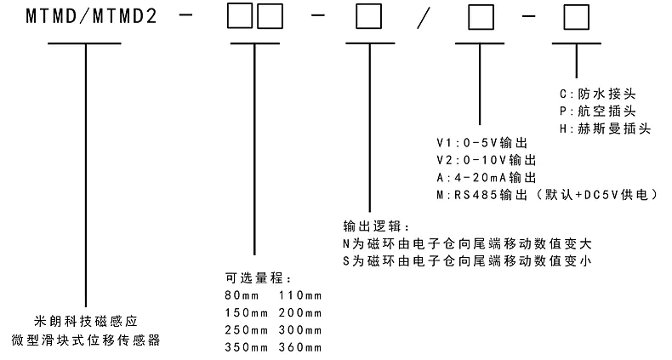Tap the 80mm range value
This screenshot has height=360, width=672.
tap(240, 295)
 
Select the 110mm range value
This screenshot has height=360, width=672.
tap(299, 295)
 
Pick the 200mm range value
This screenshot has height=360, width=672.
tap(299, 312)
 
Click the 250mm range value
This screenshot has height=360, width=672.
tap(243, 330)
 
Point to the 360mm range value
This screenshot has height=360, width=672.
tap(299, 347)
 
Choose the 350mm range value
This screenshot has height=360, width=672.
tap(243, 347)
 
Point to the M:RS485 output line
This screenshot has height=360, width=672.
tap(545, 195)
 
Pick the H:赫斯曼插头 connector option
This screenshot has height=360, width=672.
tap(605, 128)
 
